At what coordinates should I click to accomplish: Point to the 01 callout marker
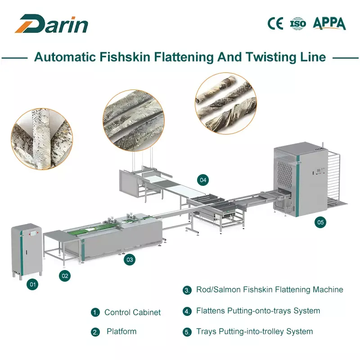click(32, 284)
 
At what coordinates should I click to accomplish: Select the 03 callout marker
click(130, 259)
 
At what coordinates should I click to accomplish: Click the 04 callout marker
click(203, 180)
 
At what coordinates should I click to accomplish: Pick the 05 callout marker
click(320, 222)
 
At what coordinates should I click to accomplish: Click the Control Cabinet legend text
click(132, 312)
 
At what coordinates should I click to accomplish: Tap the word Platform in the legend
click(121, 332)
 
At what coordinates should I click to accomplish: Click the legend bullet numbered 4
click(187, 311)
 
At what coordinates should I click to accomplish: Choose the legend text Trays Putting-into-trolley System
click(254, 332)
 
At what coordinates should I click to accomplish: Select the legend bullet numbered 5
click(187, 332)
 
